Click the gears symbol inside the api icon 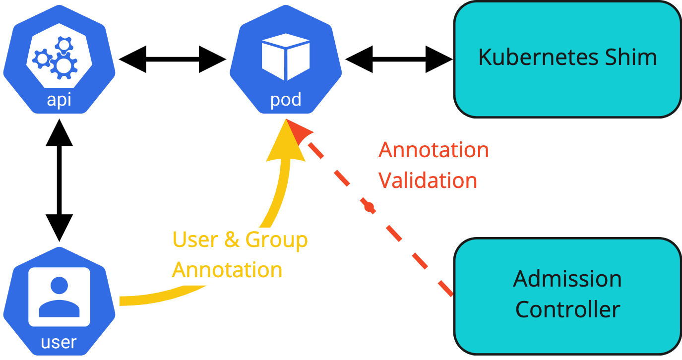[56, 59]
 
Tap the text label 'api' [59, 100]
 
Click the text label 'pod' [286, 100]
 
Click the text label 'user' [59, 342]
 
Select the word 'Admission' [567, 279]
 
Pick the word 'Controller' [567, 310]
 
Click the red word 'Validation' [428, 180]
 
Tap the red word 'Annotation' [434, 150]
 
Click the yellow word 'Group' [277, 240]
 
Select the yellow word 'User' [195, 240]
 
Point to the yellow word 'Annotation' [227, 270]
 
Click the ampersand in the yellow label [232, 240]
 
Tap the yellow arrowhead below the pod [285, 144]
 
